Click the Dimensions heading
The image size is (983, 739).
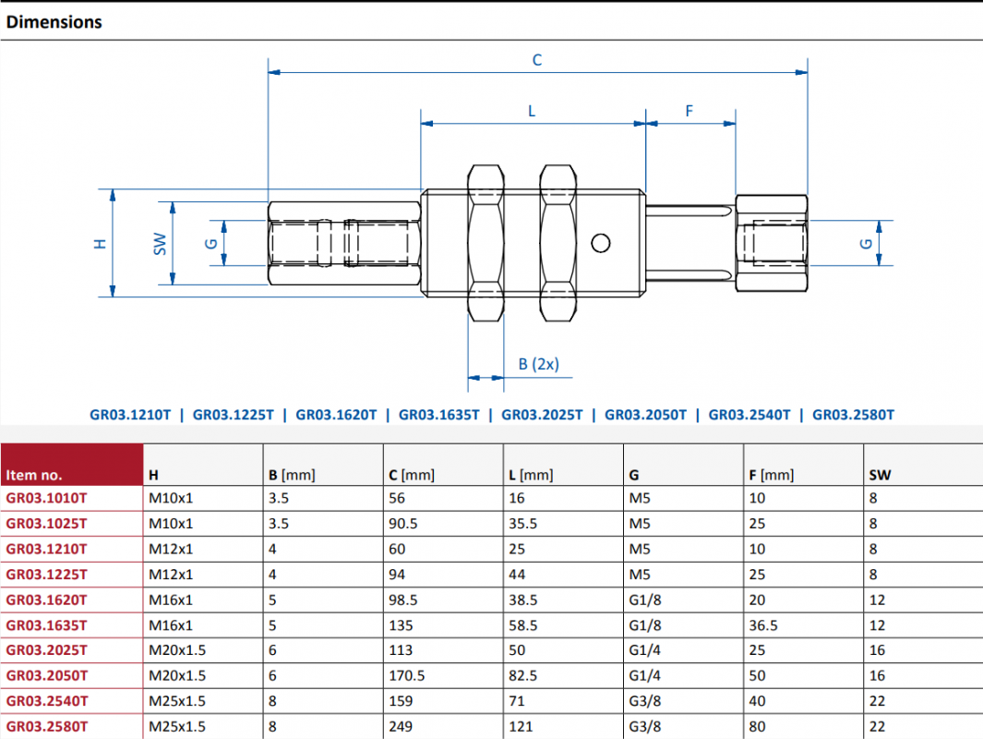(54, 22)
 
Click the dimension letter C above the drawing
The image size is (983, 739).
(537, 60)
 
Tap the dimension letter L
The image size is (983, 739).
(532, 112)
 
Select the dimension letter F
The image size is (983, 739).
(689, 111)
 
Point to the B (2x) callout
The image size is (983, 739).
(538, 365)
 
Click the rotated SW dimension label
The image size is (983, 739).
(161, 244)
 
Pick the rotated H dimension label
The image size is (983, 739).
(101, 244)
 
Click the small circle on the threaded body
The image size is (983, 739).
(601, 243)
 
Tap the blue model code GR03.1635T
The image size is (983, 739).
(438, 415)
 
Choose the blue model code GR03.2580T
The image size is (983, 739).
(853, 415)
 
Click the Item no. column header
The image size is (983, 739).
(34, 475)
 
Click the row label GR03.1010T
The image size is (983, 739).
(46, 498)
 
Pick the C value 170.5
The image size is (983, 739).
(406, 675)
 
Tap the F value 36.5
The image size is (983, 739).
(763, 625)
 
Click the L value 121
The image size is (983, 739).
(521, 726)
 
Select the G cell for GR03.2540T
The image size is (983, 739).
(644, 701)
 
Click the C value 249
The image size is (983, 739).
(401, 726)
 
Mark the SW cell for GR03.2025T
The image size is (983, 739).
(877, 650)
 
